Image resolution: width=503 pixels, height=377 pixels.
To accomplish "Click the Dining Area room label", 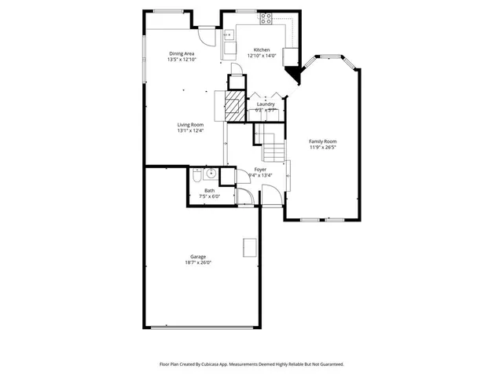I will click(x=182, y=53).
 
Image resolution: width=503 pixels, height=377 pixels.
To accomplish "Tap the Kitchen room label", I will click(x=261, y=49).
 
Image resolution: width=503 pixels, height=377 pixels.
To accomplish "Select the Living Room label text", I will click(x=190, y=125).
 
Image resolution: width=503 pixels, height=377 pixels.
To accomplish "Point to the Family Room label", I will click(x=322, y=141).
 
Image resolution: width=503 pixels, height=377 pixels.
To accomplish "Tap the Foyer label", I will click(x=260, y=170).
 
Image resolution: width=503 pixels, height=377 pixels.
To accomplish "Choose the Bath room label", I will click(x=210, y=191).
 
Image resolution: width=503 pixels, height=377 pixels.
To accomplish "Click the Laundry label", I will click(x=266, y=104).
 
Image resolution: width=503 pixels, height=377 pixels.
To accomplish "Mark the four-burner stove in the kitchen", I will click(x=266, y=17).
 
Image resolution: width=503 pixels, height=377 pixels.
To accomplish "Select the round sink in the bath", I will click(x=211, y=174).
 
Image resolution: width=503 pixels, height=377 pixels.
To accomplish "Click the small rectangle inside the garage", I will click(x=250, y=246).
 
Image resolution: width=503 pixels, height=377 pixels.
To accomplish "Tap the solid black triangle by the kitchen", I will click(x=295, y=75).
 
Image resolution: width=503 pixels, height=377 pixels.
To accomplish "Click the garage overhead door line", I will click(x=203, y=327).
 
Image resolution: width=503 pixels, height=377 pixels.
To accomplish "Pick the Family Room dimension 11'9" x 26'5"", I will click(x=322, y=146).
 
